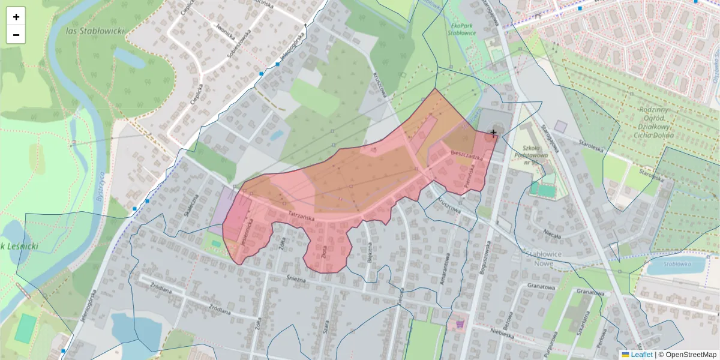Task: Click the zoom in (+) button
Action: (16, 17)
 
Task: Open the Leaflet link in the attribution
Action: (641, 355)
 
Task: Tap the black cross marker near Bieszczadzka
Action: (493, 132)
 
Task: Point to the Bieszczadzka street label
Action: (467, 154)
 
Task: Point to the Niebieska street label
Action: (502, 334)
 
